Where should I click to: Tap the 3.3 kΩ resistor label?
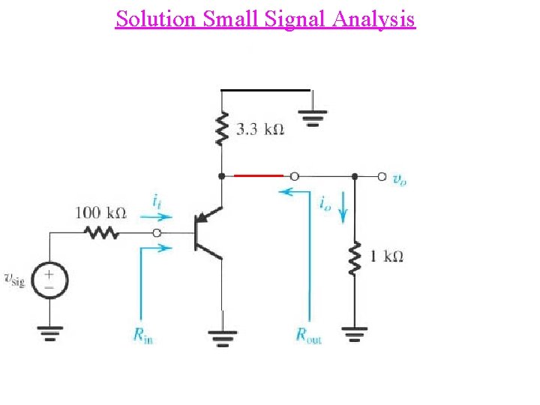260,130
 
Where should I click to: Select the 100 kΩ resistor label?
100,213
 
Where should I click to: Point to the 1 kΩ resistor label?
387,256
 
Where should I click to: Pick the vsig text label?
15,280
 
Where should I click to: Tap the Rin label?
143,337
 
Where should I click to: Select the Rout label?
308,337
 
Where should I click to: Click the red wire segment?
258,176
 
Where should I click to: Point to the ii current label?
156,201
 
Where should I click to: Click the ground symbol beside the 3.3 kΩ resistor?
313,118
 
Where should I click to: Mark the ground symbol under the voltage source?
50,331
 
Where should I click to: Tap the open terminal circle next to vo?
381,177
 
